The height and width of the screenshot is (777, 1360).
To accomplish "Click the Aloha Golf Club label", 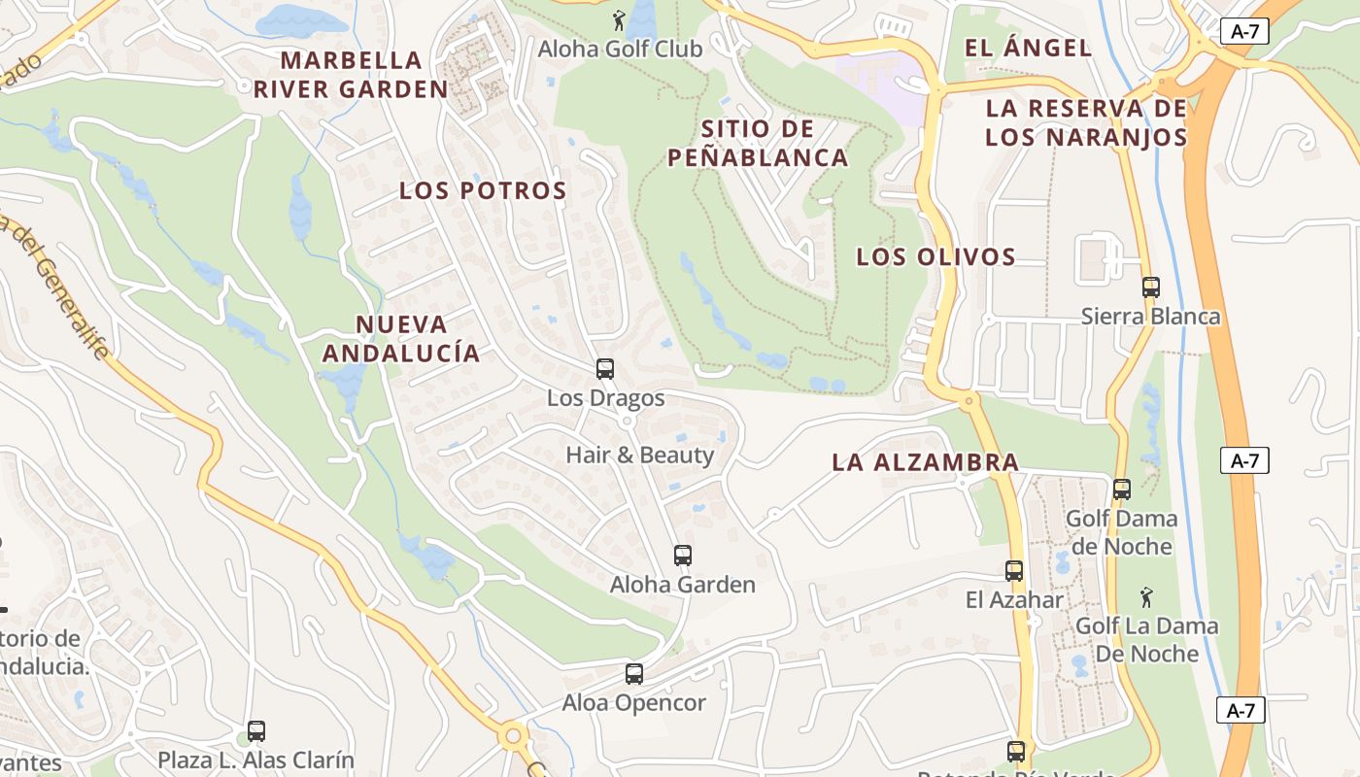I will click(620, 49).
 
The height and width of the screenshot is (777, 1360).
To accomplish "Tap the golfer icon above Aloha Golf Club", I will click(619, 19).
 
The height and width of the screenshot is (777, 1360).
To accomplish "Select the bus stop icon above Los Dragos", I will click(605, 369).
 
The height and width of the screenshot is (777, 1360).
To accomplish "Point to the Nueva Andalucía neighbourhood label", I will click(401, 338).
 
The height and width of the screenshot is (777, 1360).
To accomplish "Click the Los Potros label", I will click(483, 190).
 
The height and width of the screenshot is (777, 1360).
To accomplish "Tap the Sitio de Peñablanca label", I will click(758, 143).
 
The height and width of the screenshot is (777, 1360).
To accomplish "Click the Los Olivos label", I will click(935, 257).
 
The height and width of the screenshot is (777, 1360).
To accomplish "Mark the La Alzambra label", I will click(925, 462).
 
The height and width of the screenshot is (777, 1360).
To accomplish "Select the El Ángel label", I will click(1028, 48).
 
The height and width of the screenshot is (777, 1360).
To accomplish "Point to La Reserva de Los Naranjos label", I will click(1086, 122).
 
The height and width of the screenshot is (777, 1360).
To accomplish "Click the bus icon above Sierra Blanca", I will click(1151, 287).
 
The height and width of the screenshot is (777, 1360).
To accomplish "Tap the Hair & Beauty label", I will click(639, 455).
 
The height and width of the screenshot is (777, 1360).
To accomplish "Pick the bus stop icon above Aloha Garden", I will click(683, 556).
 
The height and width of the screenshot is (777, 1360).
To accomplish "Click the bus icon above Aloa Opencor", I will click(634, 673).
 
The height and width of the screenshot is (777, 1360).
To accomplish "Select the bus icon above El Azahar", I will click(1014, 571).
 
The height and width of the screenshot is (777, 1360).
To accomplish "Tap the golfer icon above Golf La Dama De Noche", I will click(1146, 595).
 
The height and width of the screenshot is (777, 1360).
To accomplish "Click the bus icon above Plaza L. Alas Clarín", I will click(256, 730).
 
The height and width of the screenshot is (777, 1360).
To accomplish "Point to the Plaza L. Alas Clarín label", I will click(256, 760).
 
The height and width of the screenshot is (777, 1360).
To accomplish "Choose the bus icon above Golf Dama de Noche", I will click(1122, 490).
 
